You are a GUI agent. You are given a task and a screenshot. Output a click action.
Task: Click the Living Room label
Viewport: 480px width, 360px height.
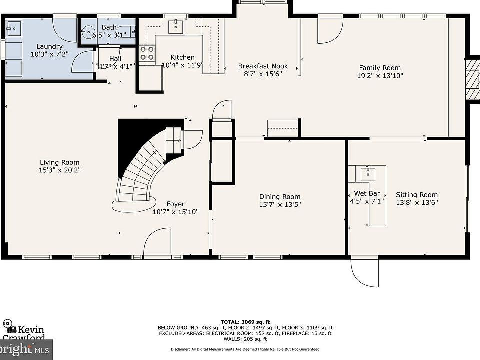point(60,162)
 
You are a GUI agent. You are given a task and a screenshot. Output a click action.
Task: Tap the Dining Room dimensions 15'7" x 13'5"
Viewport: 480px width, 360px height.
point(280,205)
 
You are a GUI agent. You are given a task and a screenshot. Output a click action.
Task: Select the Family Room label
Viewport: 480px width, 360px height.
point(380,68)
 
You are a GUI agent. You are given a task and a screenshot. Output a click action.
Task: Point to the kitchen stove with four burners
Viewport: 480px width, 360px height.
point(147,53)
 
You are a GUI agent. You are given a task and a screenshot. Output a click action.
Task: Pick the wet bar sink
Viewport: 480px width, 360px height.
point(368,174)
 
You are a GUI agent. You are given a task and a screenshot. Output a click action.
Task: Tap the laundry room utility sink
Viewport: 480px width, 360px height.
point(14,29)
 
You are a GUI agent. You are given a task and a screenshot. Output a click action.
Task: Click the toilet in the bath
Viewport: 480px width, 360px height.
point(87,32)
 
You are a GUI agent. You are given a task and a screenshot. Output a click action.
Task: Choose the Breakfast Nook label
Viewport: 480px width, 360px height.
point(263,66)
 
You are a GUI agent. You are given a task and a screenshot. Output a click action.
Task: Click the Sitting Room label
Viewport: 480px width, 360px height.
point(417,195)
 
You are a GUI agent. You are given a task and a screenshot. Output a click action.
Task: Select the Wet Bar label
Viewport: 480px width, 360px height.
point(367,194)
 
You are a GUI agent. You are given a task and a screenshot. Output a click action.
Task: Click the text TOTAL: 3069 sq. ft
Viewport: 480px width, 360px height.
point(245,322)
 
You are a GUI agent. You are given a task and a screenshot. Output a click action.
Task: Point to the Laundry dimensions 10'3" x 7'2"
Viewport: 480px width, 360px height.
point(50,54)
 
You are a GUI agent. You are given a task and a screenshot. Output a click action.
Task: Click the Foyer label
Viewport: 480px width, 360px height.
point(175,204)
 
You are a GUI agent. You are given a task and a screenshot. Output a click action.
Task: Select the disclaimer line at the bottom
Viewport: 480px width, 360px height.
point(245,349)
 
